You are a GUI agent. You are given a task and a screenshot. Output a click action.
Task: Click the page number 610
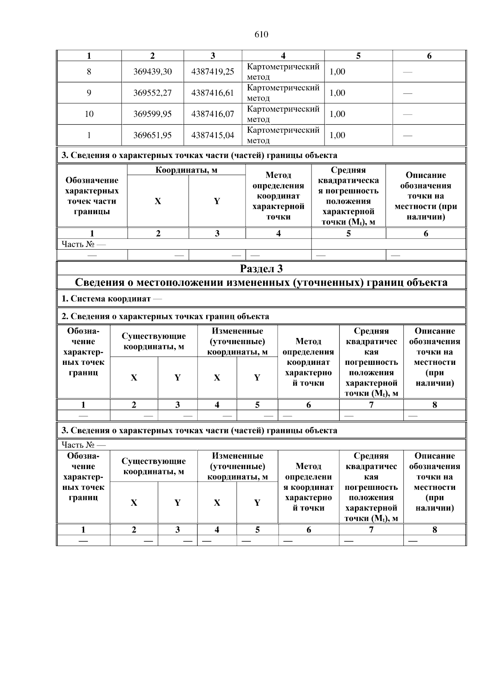point(261,35)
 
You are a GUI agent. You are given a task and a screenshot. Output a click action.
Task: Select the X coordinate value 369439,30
point(152,72)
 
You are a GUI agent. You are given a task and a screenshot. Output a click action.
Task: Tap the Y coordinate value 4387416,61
point(213,93)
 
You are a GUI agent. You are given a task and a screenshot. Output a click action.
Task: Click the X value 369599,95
point(152,114)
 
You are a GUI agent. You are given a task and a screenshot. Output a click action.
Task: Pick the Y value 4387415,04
point(213,135)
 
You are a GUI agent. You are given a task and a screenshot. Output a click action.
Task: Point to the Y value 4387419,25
point(213,72)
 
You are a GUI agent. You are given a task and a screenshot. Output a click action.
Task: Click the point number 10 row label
point(89,114)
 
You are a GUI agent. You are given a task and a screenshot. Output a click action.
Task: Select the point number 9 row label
point(89,93)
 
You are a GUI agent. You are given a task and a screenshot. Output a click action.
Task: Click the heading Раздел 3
point(261,269)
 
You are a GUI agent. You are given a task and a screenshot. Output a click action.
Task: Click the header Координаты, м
point(186,170)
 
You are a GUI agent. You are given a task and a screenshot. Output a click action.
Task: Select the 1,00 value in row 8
point(337,72)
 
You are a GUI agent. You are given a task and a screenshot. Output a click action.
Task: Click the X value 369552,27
point(152,93)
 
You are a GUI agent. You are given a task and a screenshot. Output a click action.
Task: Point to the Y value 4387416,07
point(213,114)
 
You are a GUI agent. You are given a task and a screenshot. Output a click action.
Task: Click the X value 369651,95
point(152,135)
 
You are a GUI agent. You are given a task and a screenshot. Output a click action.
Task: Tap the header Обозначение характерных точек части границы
point(92,196)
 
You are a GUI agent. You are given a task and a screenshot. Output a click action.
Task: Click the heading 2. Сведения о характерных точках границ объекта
point(165,316)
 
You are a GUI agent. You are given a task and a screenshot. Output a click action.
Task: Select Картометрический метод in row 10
point(283,114)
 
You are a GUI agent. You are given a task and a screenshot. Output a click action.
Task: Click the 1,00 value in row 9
point(337,93)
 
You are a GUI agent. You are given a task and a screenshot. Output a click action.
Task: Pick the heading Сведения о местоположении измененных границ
point(261,283)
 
